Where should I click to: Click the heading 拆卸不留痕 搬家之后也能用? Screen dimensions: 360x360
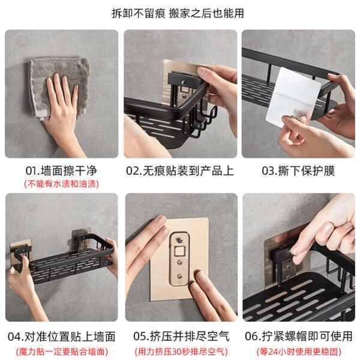pyautogui.click(x=178, y=13)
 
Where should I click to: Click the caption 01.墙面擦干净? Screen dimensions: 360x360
pyautogui.click(x=61, y=171)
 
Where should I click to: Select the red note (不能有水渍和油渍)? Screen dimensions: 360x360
pyautogui.click(x=61, y=184)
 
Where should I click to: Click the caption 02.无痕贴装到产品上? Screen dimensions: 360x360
pyautogui.click(x=180, y=171)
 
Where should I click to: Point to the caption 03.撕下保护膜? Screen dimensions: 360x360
pyautogui.click(x=298, y=171)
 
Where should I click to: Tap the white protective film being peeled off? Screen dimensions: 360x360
pyautogui.click(x=293, y=97)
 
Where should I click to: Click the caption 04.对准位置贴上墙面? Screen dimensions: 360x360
pyautogui.click(x=61, y=337)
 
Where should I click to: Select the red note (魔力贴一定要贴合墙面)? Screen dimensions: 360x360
pyautogui.click(x=62, y=352)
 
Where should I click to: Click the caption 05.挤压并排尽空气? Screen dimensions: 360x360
pyautogui.click(x=181, y=337)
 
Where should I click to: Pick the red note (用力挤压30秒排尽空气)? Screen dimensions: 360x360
pyautogui.click(x=181, y=352)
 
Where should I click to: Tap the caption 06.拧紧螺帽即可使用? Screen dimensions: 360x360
pyautogui.click(x=298, y=337)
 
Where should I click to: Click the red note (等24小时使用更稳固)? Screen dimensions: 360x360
pyautogui.click(x=299, y=352)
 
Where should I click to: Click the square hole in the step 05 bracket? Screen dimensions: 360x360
pyautogui.click(x=179, y=251)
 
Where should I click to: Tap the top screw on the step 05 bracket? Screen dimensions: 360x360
pyautogui.click(x=180, y=241)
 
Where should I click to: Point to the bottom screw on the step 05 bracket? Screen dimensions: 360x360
pyautogui.click(x=179, y=277)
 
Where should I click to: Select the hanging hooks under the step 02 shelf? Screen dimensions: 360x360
pyautogui.click(x=202, y=122)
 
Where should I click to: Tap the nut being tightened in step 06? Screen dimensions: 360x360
pyautogui.click(x=294, y=254)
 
